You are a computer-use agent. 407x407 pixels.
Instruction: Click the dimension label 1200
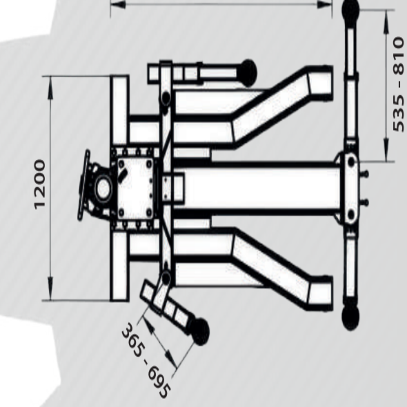[x=39, y=184]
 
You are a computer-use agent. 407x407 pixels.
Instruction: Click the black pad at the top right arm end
[x=350, y=10]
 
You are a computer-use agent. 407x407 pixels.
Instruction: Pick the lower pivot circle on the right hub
[x=351, y=215]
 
